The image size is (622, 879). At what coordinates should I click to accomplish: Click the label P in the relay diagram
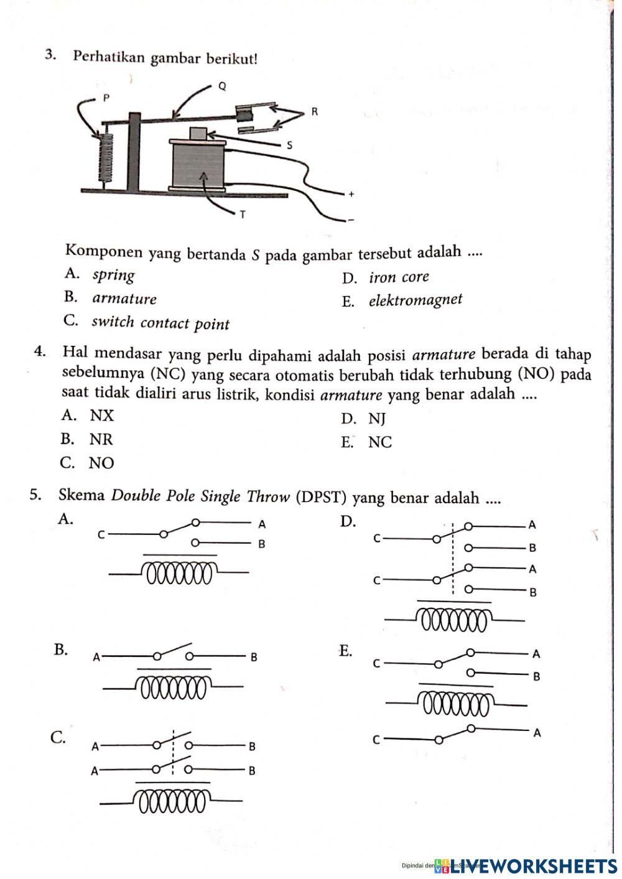(106, 98)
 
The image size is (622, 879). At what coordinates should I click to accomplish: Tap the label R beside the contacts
(314, 113)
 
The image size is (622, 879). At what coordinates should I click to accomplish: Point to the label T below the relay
(243, 215)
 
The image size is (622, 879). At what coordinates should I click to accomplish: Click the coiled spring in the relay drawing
(106, 160)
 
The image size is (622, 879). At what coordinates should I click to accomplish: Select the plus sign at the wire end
(351, 194)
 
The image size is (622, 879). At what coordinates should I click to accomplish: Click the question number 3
(51, 56)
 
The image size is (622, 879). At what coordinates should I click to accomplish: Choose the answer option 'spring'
(113, 275)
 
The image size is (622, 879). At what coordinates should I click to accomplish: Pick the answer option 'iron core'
(398, 277)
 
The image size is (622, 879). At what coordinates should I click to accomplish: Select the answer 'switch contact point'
(160, 323)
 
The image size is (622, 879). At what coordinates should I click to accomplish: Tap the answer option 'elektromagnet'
(415, 300)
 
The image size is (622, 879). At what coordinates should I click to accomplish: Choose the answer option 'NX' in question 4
(102, 416)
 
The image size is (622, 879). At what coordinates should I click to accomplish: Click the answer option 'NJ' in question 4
(377, 419)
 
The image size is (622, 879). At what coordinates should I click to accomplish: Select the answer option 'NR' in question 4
(101, 440)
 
